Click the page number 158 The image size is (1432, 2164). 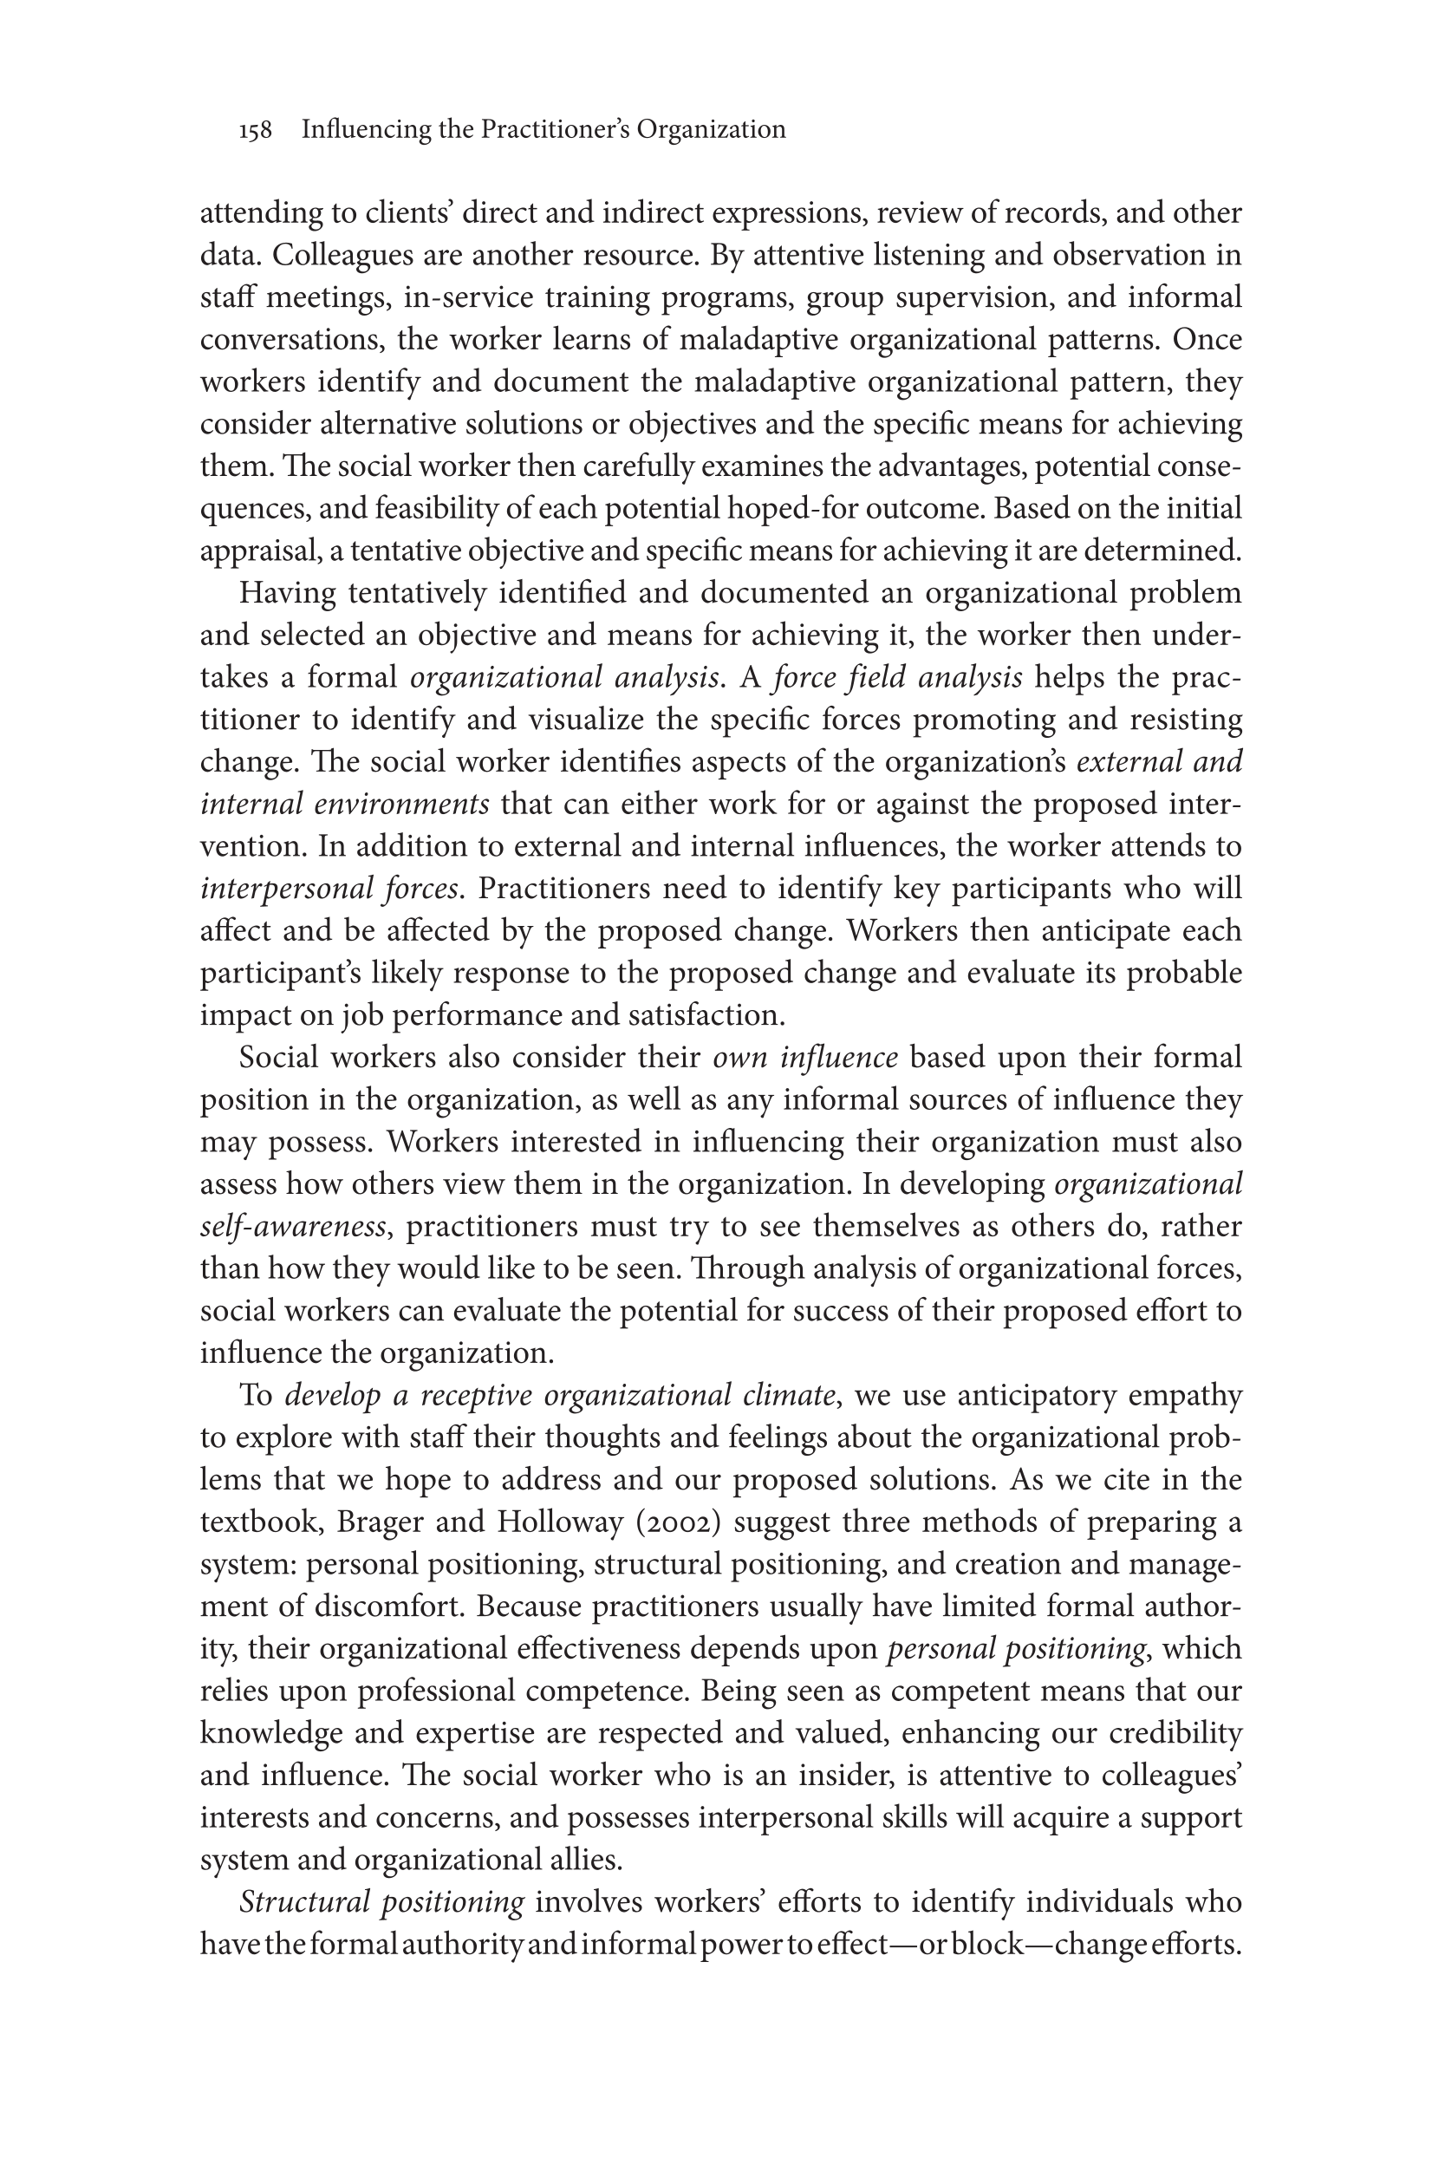[x=256, y=131]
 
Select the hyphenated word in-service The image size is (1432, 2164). [x=467, y=297]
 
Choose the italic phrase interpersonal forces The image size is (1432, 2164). [x=329, y=889]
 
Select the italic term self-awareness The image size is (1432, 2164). [x=292, y=1227]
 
